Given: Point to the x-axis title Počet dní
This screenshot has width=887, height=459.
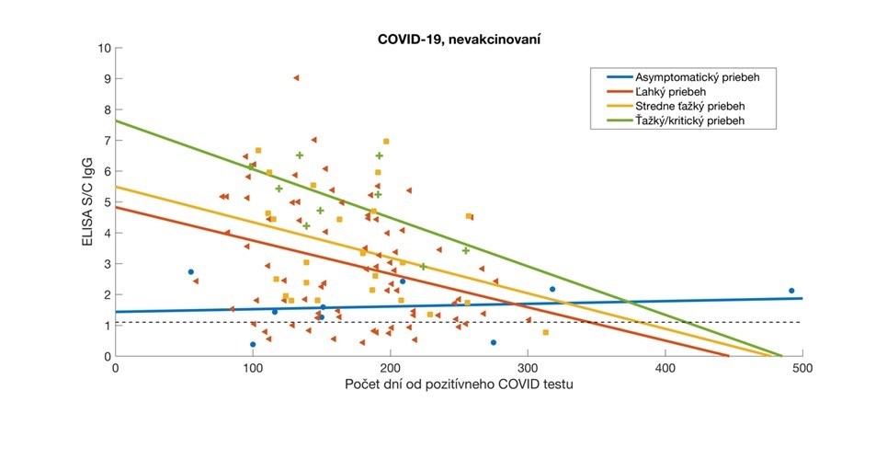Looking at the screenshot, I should pos(459,384).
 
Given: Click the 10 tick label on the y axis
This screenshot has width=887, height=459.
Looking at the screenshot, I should pos(103,48).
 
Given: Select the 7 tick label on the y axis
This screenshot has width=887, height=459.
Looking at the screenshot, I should pos(106,141).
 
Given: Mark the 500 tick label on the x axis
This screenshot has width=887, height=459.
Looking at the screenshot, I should pos(802,367).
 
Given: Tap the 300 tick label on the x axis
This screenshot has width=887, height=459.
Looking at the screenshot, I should pos(528,367).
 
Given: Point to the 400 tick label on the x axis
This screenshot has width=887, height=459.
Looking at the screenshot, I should pos(665,367).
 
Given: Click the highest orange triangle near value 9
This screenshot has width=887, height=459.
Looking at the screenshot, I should pos(295,78).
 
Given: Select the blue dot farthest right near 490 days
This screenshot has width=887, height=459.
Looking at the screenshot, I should pos(790,291).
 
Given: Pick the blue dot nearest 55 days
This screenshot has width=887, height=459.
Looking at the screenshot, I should pos(190,272).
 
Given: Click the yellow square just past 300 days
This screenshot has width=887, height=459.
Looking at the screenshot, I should pos(545,333).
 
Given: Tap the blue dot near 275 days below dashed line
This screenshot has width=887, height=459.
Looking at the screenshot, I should pos(494,342).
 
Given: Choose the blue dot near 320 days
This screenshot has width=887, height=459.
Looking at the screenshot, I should pos(552,290).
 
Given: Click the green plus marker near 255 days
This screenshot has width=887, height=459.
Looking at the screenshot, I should pos(466,250).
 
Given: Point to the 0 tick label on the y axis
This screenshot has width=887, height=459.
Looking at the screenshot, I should pos(106,356).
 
